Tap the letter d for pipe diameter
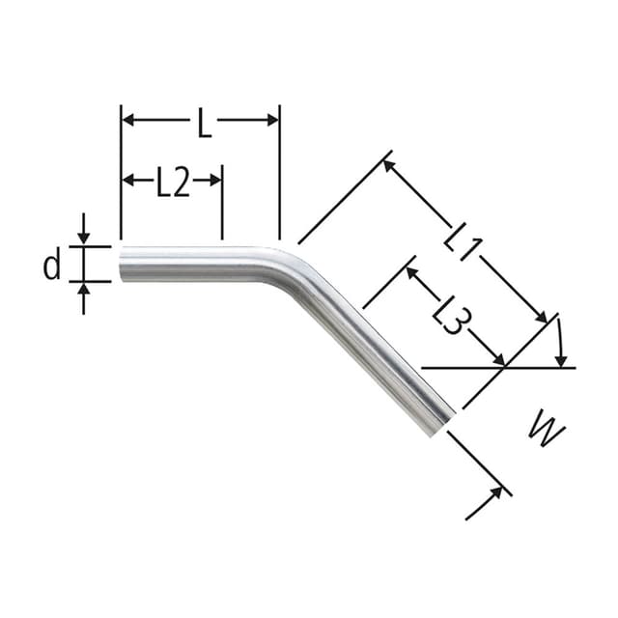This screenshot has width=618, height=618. coord(52,264)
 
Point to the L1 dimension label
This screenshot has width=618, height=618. coord(462,238)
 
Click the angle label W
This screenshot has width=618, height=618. coord(547,431)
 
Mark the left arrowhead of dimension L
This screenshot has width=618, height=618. coord(128,120)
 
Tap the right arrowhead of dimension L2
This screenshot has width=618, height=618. coord(215,180)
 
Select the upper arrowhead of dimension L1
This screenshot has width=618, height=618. coord(389,166)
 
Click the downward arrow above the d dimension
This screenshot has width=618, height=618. coord(83,238)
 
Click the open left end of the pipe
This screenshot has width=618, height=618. coord(123,265)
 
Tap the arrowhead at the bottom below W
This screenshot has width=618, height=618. coord(496,493)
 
